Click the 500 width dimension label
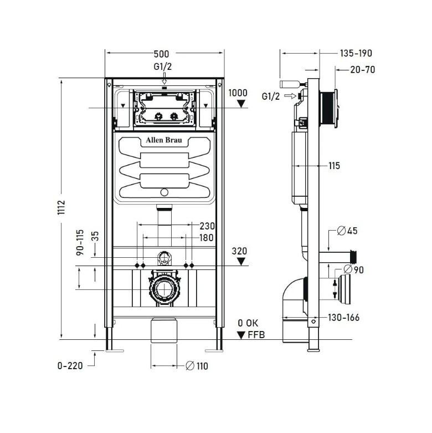(161, 54)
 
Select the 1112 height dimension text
(61, 207)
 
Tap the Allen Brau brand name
(164, 140)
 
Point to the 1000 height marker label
(238, 93)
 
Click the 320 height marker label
(239, 251)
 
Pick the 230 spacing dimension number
(207, 226)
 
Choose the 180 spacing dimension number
(207, 237)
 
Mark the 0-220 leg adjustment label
(70, 366)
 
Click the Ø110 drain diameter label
(197, 366)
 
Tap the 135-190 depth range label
(356, 53)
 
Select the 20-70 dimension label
(363, 70)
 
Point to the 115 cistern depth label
(335, 166)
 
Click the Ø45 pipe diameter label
(347, 231)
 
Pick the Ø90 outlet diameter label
(354, 269)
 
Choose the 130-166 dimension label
(344, 318)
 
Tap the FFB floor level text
(256, 335)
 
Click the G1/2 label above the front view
(163, 67)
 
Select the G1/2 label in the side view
(271, 96)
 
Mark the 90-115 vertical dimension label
(80, 242)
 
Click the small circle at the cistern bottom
(164, 192)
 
